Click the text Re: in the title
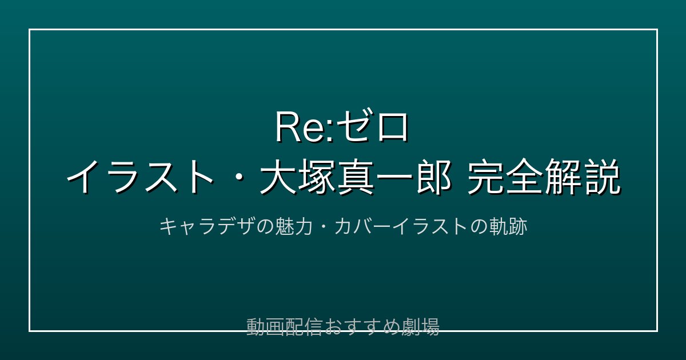click(305, 127)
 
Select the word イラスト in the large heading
click(140, 177)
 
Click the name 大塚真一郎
click(355, 177)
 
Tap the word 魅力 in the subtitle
click(293, 227)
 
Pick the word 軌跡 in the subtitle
click(508, 227)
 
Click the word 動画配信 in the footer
click(284, 327)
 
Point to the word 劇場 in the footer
click(421, 327)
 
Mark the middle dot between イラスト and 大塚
click(236, 178)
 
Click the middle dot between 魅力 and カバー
click(323, 227)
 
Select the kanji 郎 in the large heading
click(434, 177)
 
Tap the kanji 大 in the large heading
click(278, 177)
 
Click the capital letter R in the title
click(288, 127)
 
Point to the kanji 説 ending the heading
click(603, 177)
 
